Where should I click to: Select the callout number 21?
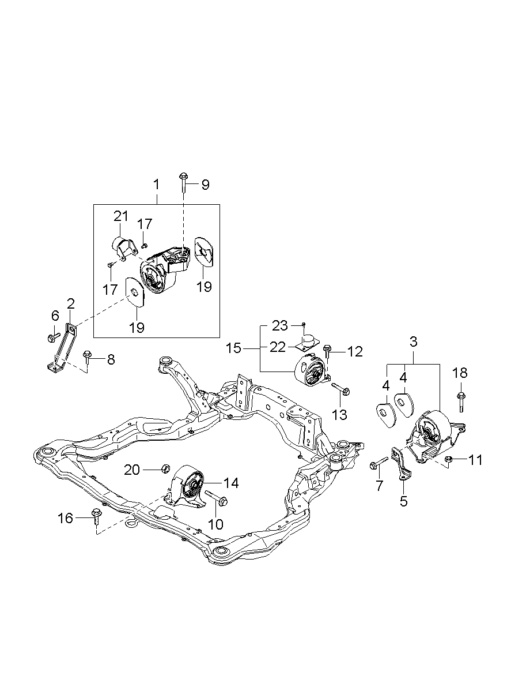pos(120,216)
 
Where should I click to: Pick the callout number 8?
pos(110,359)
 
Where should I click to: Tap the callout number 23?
pos(280,326)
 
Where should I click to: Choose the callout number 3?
pos(413,342)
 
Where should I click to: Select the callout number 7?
pos(379,486)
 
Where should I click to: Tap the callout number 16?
pos(66,519)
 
